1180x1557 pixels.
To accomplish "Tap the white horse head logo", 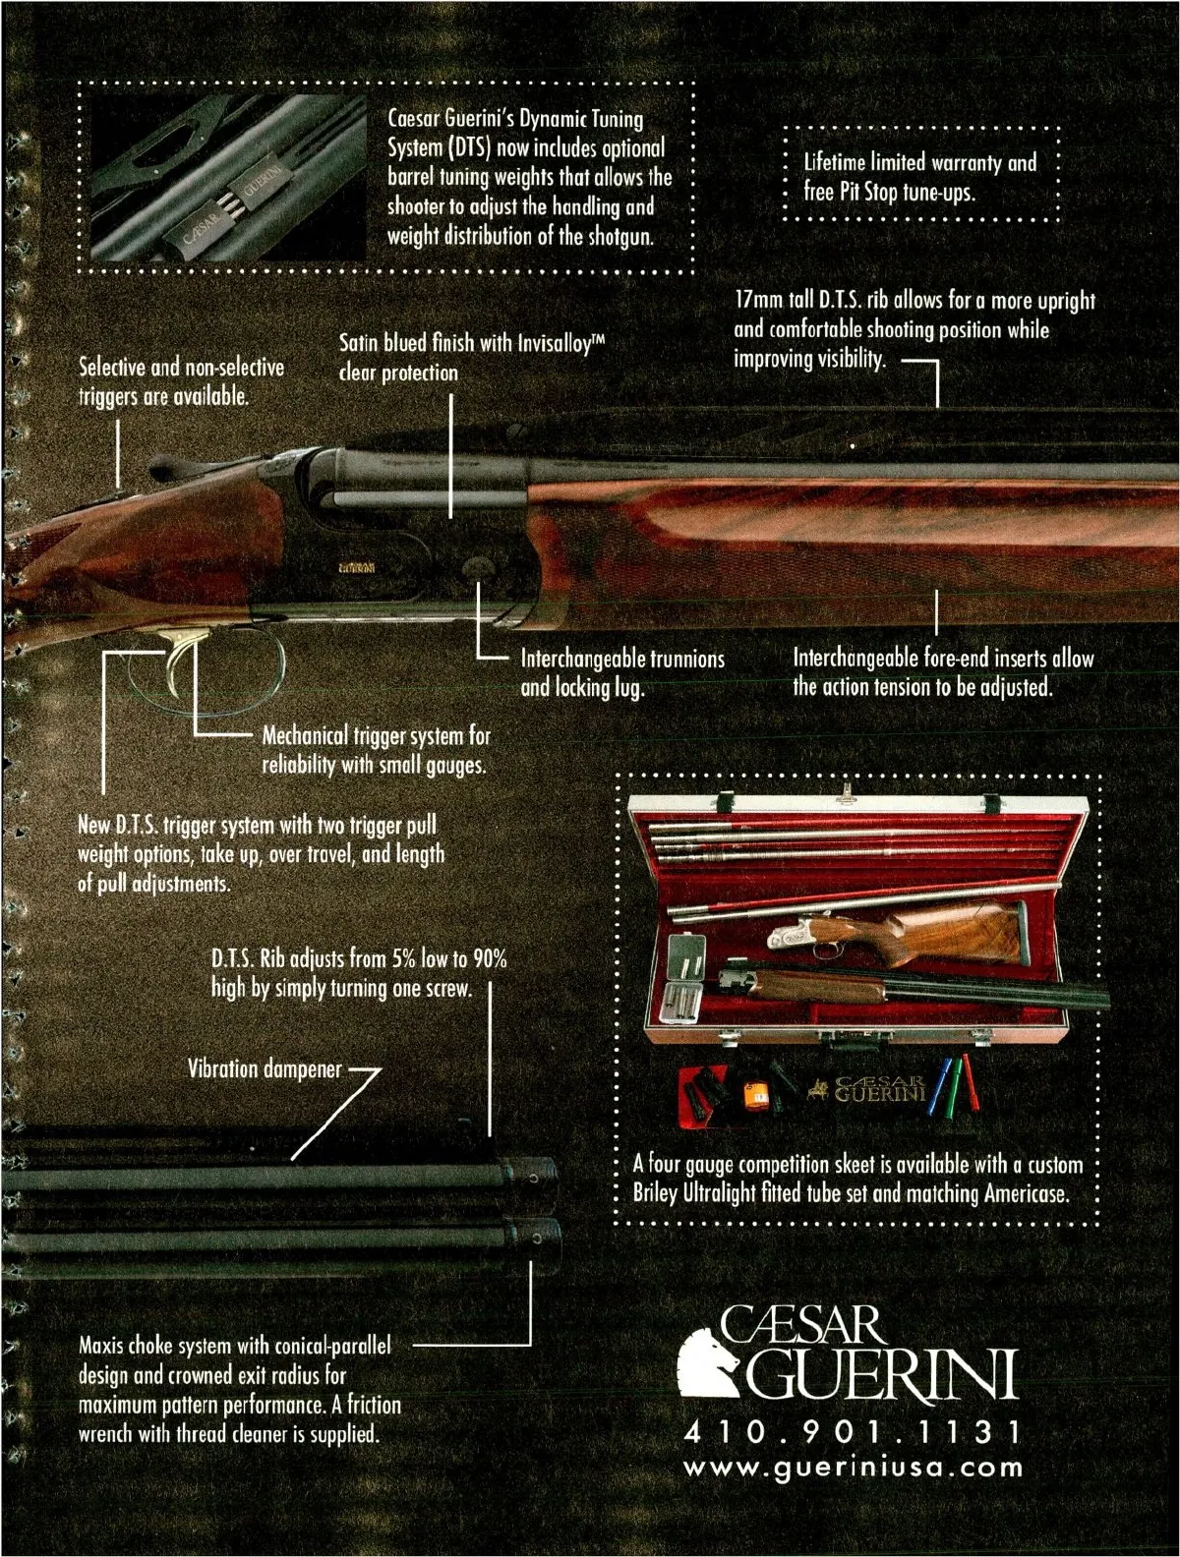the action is click(708, 1362).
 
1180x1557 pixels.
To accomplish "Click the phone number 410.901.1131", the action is click(853, 1431).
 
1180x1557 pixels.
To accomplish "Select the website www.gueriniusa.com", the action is click(853, 1467).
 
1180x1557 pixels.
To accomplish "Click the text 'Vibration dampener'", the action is click(265, 1068).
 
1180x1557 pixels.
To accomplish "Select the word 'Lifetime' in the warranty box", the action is click(835, 162).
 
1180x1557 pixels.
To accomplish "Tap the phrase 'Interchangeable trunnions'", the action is click(622, 659).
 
